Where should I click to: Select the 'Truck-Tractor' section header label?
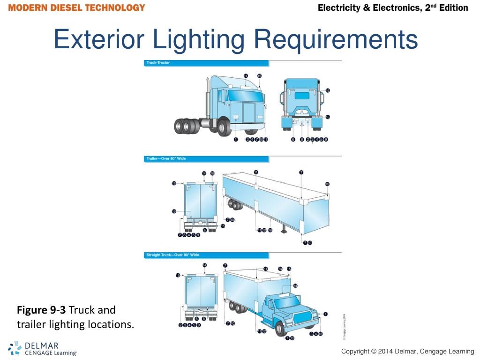tap(159, 63)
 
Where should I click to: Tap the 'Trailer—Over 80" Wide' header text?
tap(166, 159)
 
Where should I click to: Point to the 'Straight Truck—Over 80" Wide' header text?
tap(173, 255)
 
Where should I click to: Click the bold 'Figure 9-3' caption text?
tap(41, 310)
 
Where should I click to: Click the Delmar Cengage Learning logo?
tap(42, 348)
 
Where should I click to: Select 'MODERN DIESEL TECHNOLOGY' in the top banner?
tap(76, 8)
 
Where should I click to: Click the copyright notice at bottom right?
tap(407, 352)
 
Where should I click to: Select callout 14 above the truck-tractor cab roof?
tap(246, 75)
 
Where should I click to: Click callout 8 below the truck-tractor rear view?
tap(302, 139)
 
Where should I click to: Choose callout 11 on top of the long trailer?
tap(256, 172)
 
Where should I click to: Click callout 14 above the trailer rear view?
tap(204, 173)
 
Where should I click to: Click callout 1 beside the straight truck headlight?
tap(326, 314)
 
